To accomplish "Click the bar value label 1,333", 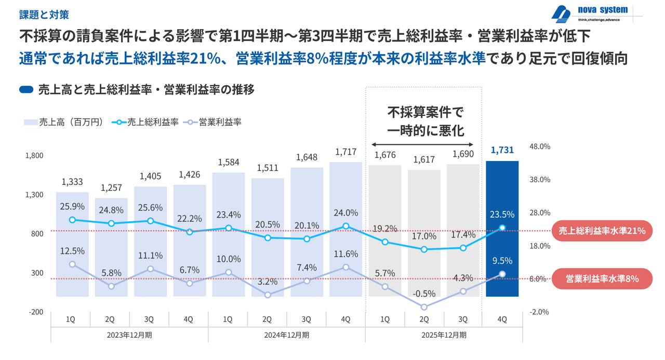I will pyautogui.click(x=72, y=182).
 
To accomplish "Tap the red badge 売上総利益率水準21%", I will pyautogui.click(x=602, y=231).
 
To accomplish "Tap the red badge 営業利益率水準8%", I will pyautogui.click(x=602, y=279).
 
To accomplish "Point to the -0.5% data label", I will pyautogui.click(x=424, y=294).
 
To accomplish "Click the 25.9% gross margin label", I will pyautogui.click(x=72, y=206).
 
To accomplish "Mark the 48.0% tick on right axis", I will pyautogui.click(x=539, y=146).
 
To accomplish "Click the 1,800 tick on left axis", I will pyautogui.click(x=36, y=155).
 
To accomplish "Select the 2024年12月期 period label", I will pyautogui.click(x=287, y=335).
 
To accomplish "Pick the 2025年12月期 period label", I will pyautogui.click(x=444, y=335).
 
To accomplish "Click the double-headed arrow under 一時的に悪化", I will pyautogui.click(x=424, y=144).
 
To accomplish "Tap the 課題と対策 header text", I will pyautogui.click(x=44, y=14).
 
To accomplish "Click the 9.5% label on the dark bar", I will pyautogui.click(x=502, y=261).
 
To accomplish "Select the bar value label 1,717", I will pyautogui.click(x=346, y=152).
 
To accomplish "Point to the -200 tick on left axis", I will pyautogui.click(x=36, y=312).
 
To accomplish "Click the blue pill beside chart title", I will pyautogui.click(x=26, y=89).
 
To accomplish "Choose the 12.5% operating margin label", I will pyautogui.click(x=72, y=251).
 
